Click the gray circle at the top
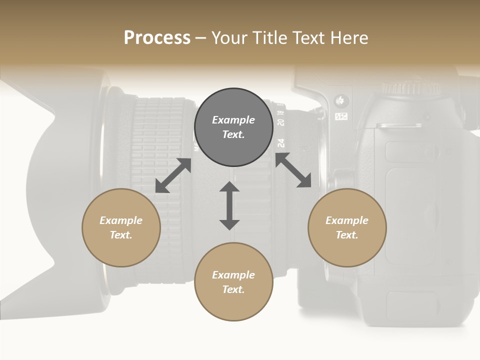click(x=233, y=127)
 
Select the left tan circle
click(x=121, y=228)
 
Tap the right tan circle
click(x=347, y=228)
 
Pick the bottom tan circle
click(x=233, y=282)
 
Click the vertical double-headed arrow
click(x=229, y=205)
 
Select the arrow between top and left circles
click(x=173, y=175)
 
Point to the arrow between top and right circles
click(x=293, y=170)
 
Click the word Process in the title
click(x=157, y=38)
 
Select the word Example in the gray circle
click(x=233, y=120)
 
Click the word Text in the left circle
click(x=120, y=235)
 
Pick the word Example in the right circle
click(x=347, y=220)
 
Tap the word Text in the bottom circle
click(x=233, y=289)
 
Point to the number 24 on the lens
click(x=281, y=143)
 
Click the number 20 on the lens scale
click(x=281, y=122)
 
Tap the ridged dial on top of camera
click(x=410, y=88)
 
